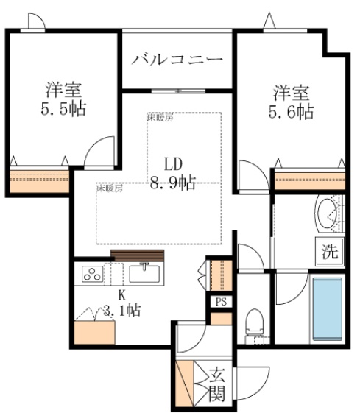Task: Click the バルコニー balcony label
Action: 177,59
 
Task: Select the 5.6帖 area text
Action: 292,112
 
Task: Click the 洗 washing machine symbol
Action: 328,250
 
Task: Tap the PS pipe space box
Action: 220,302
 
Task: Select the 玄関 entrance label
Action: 216,384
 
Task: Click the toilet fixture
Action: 253,322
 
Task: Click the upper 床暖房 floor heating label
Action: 160,117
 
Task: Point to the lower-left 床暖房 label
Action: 108,187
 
